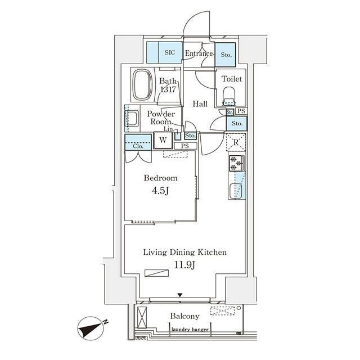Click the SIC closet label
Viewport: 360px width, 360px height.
[170, 53]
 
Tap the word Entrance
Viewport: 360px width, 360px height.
[199, 54]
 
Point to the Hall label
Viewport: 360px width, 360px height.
[200, 104]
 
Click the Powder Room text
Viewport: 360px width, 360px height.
[160, 118]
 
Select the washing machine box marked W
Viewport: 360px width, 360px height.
[163, 139]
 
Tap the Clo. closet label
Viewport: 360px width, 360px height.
[138, 145]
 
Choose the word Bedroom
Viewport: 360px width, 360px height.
[160, 178]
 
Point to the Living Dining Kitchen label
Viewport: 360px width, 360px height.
[184, 253]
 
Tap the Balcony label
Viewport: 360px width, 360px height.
[184, 317]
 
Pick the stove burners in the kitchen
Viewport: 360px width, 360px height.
[236, 164]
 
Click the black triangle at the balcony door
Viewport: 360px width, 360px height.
[179, 295]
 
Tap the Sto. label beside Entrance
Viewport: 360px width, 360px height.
[226, 55]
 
